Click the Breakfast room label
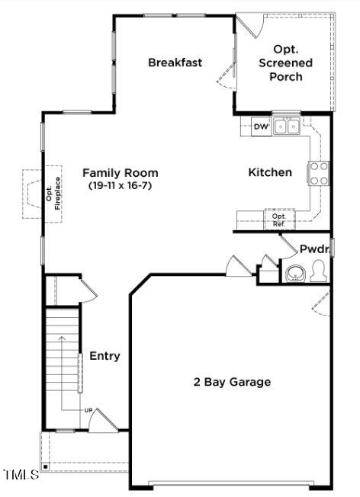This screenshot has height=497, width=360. (175, 63)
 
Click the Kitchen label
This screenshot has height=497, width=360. (270, 172)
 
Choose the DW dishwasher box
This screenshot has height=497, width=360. (261, 127)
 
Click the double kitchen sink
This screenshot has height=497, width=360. (287, 126)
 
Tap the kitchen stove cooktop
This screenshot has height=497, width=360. (318, 173)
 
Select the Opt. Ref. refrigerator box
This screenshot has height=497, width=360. (279, 219)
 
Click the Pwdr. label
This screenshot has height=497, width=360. (313, 249)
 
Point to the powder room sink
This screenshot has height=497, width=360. (294, 272)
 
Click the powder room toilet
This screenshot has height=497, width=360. (318, 271)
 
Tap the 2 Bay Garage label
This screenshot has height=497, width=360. (232, 382)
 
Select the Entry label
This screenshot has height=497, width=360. (104, 356)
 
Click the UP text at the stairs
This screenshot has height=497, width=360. (88, 411)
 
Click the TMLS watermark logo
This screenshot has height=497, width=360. (21, 475)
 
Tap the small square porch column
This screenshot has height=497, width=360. (46, 464)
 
